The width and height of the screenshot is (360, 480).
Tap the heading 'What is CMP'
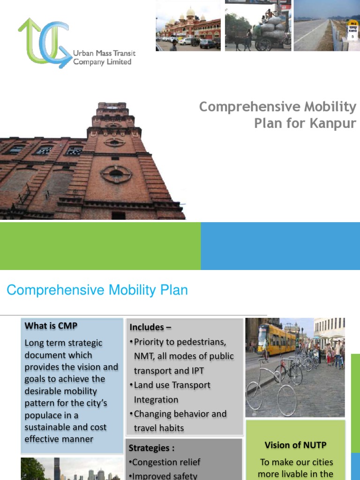[51, 326]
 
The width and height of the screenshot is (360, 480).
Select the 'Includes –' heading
[147, 327]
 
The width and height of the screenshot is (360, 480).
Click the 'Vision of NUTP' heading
[295, 445]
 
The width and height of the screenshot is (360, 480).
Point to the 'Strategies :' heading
[151, 448]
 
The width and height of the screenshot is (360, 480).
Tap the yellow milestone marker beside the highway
[352, 30]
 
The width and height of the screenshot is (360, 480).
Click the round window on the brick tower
[116, 174]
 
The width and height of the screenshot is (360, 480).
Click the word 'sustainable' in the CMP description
[47, 427]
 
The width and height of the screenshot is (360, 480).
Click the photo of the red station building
[188, 26]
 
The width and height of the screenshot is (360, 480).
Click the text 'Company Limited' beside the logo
[102, 62]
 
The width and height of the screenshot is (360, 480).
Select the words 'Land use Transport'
[172, 385]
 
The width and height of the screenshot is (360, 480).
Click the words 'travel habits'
[159, 428]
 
